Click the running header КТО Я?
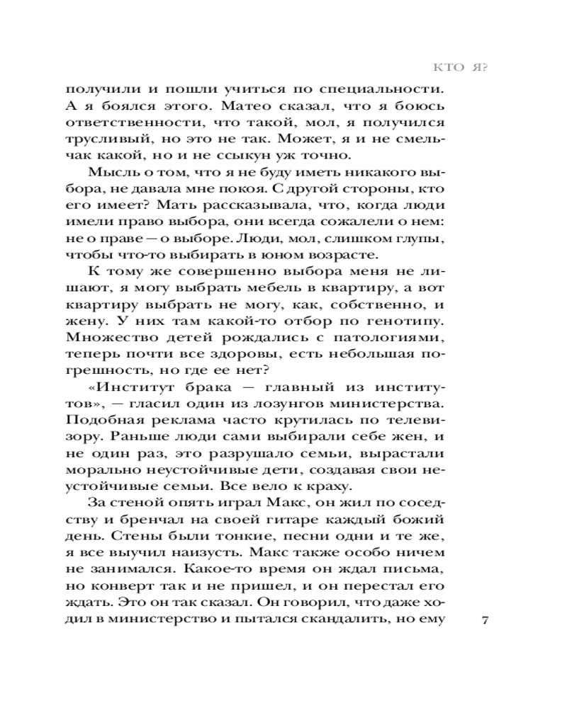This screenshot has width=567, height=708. pos(461,68)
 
